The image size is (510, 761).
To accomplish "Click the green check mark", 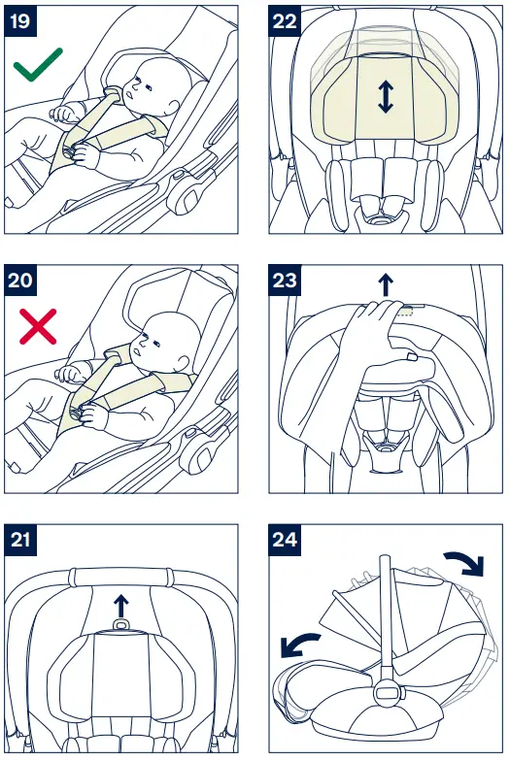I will click(38, 66).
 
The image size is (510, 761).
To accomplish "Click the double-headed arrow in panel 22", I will click(386, 96).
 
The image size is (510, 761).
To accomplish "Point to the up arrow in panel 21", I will click(120, 605).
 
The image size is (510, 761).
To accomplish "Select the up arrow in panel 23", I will click(386, 282).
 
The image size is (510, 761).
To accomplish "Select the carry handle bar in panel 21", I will click(120, 575).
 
